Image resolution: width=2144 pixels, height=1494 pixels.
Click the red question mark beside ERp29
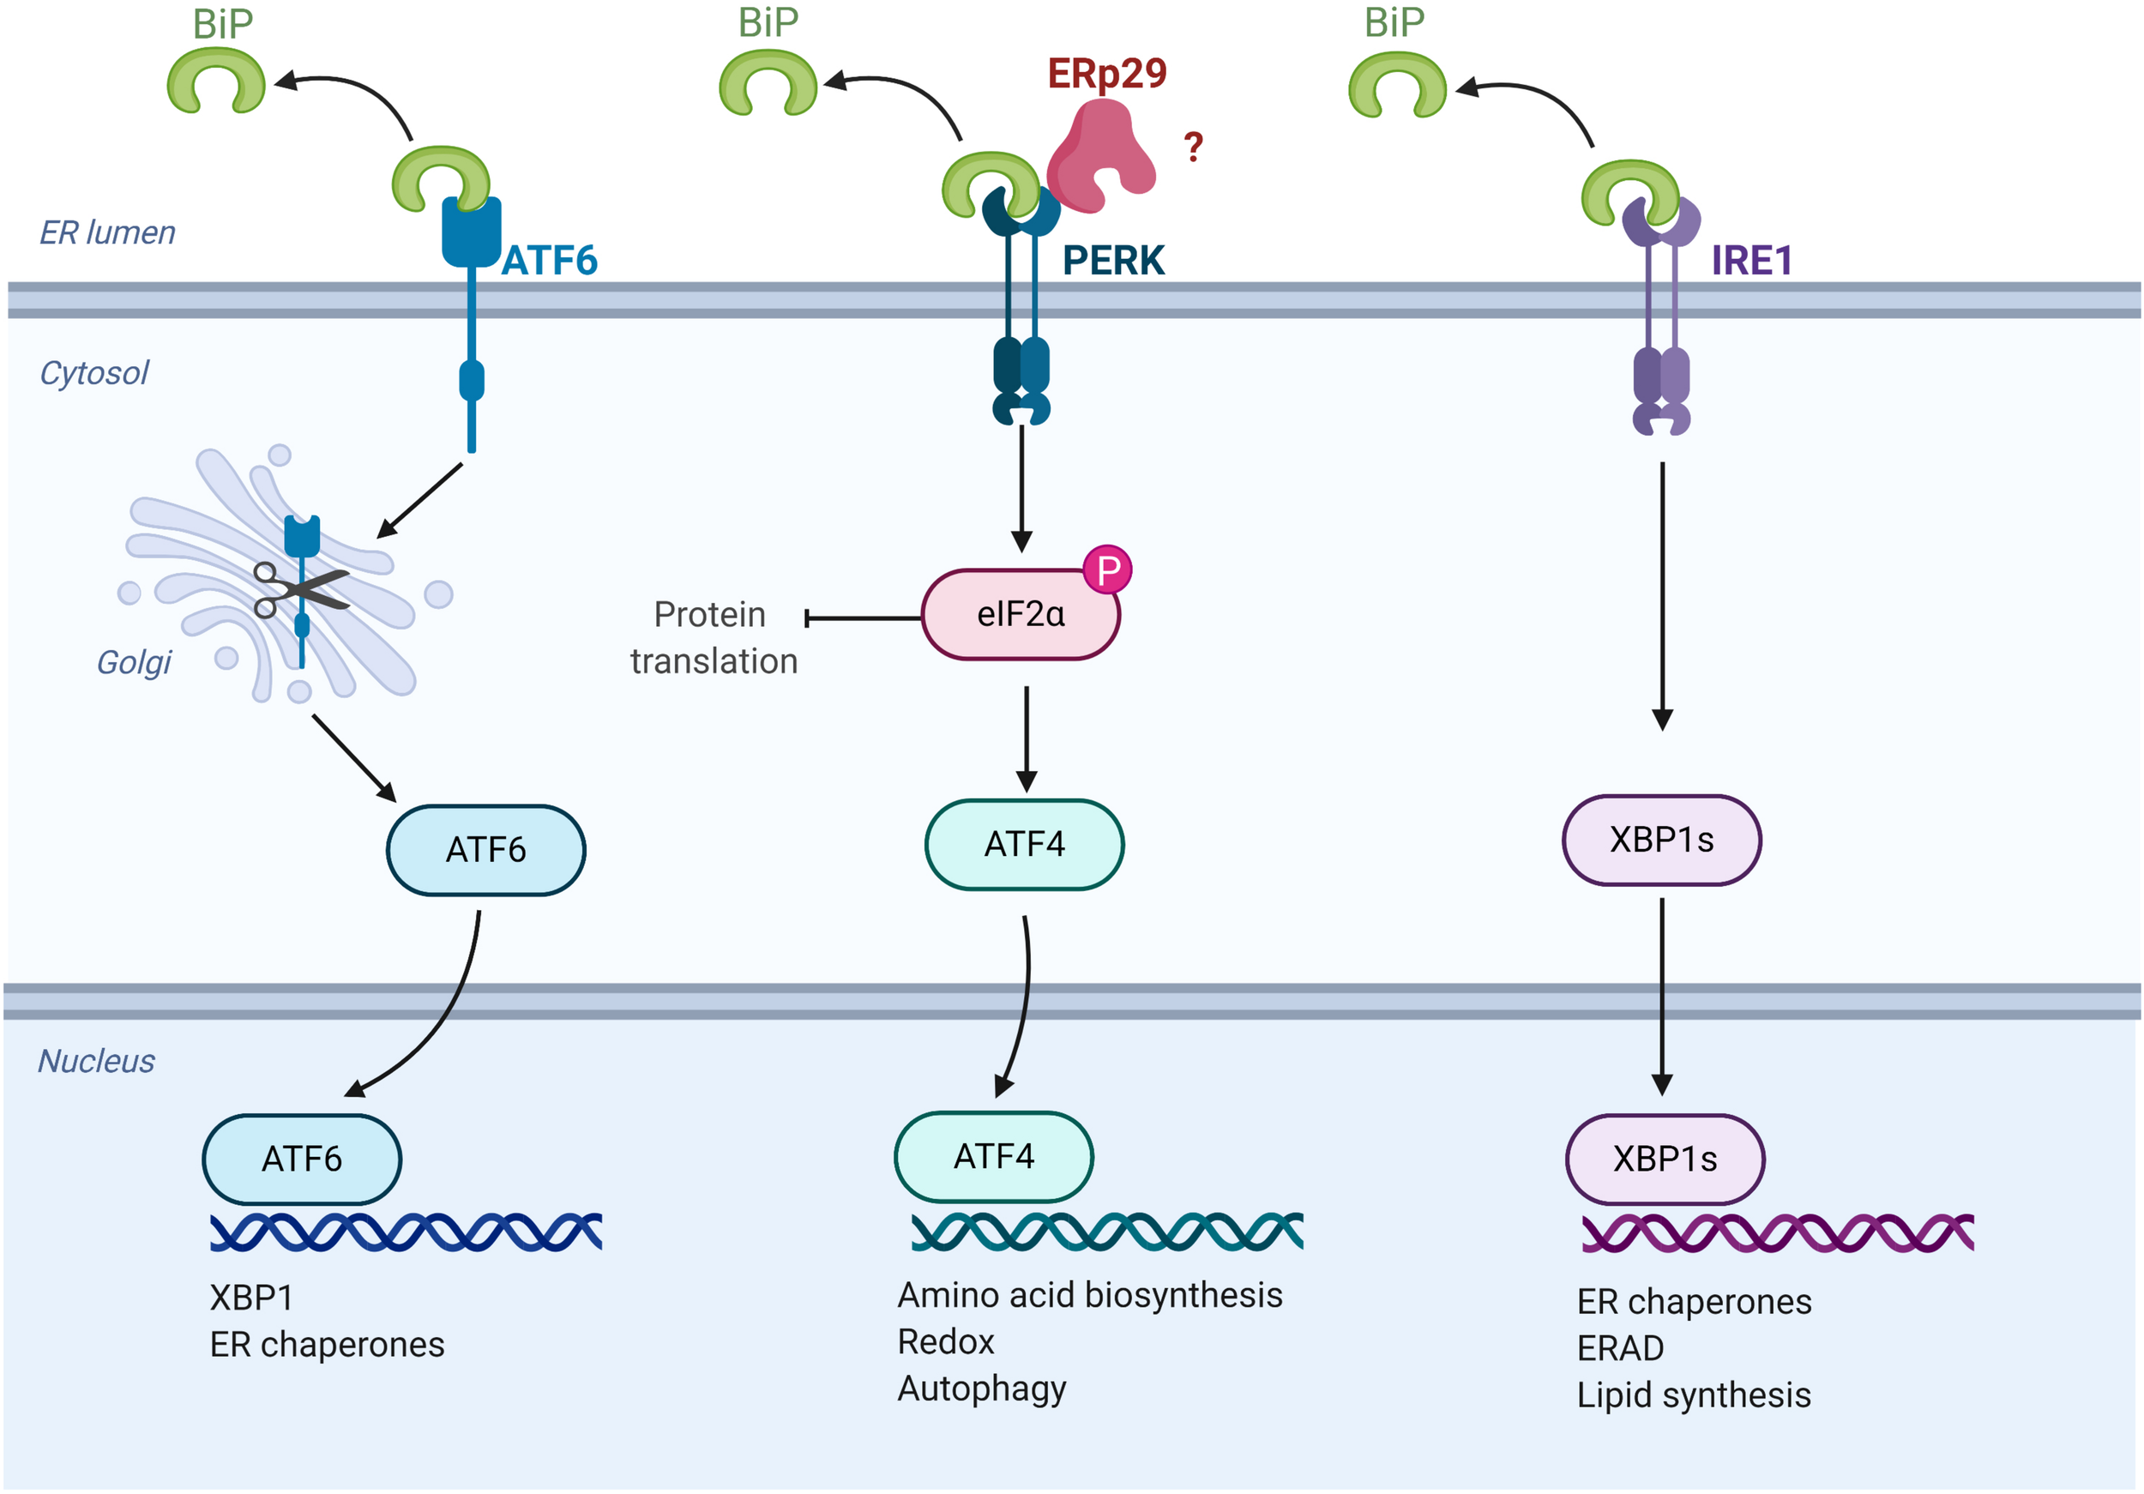pyautogui.click(x=1192, y=147)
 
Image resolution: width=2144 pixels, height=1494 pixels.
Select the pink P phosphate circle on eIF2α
pyautogui.click(x=1107, y=569)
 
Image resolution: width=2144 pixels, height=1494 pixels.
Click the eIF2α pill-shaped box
pyautogui.click(x=1020, y=614)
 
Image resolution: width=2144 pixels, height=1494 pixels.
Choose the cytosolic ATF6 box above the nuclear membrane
pyautogui.click(x=485, y=850)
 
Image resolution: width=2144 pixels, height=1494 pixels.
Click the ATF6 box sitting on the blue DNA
pyautogui.click(x=302, y=1159)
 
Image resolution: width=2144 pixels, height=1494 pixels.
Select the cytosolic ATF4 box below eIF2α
pyautogui.click(x=1024, y=844)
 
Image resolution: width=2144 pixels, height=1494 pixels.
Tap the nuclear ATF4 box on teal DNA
pyautogui.click(x=994, y=1157)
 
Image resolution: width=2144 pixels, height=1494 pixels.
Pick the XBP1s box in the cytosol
pyautogui.click(x=1661, y=840)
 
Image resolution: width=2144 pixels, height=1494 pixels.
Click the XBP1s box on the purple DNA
pyautogui.click(x=1665, y=1159)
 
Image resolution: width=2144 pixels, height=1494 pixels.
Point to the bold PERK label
pyautogui.click(x=1113, y=261)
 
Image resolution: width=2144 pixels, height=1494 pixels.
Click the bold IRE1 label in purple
pyautogui.click(x=1751, y=261)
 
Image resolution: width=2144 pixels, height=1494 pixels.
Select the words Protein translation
pyautogui.click(x=714, y=638)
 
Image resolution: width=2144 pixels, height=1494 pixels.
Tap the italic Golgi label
pyautogui.click(x=134, y=662)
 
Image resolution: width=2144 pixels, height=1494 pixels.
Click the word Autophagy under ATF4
pyautogui.click(x=981, y=1389)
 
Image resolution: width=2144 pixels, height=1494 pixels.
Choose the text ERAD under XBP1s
pyautogui.click(x=1620, y=1348)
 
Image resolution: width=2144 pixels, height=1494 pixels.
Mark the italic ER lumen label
pyautogui.click(x=107, y=232)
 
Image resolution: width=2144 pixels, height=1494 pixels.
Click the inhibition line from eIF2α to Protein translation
pyautogui.click(x=863, y=618)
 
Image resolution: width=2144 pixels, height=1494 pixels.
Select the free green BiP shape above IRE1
pyautogui.click(x=1397, y=84)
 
